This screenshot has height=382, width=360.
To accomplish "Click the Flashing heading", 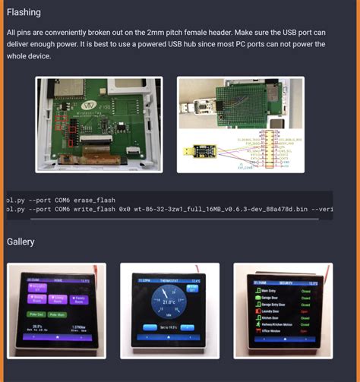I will [x=24, y=12].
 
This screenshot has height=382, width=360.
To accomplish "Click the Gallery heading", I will [x=21, y=242].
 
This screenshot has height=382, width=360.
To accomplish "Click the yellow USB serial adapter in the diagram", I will [x=199, y=151].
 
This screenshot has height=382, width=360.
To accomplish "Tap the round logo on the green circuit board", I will [x=90, y=103].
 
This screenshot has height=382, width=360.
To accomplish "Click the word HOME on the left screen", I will [x=57, y=280].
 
